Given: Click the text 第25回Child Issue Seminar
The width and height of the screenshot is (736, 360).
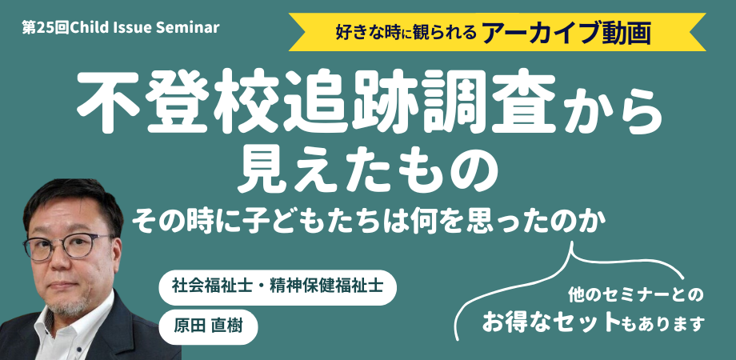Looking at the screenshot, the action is pyautogui.click(x=121, y=28).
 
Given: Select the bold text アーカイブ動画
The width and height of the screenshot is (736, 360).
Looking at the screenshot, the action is pyautogui.click(x=566, y=32).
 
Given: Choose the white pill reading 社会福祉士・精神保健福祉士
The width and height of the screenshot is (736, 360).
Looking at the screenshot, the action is pyautogui.click(x=278, y=287).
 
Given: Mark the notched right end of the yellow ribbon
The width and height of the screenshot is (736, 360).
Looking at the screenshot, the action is pyautogui.click(x=698, y=32).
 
